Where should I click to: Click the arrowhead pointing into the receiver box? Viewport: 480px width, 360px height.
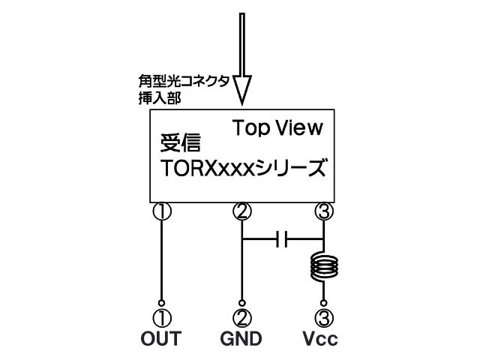click(x=241, y=89)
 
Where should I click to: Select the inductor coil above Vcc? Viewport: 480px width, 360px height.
click(x=324, y=265)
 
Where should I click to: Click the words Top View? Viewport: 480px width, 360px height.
click(x=277, y=127)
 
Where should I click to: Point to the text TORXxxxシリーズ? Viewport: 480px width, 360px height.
click(x=244, y=166)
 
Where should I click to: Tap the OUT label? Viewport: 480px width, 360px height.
click(x=161, y=339)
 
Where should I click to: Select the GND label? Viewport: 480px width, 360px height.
click(x=241, y=339)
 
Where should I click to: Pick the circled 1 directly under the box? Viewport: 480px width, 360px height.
click(x=162, y=211)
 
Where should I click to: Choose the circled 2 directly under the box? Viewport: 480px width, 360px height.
click(x=241, y=211)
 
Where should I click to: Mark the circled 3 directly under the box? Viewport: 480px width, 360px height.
click(x=323, y=211)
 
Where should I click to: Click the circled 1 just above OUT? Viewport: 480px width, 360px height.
click(x=161, y=317)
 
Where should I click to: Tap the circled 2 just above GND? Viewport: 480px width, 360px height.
click(x=241, y=317)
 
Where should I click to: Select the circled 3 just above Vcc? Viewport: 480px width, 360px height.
click(x=323, y=317)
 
